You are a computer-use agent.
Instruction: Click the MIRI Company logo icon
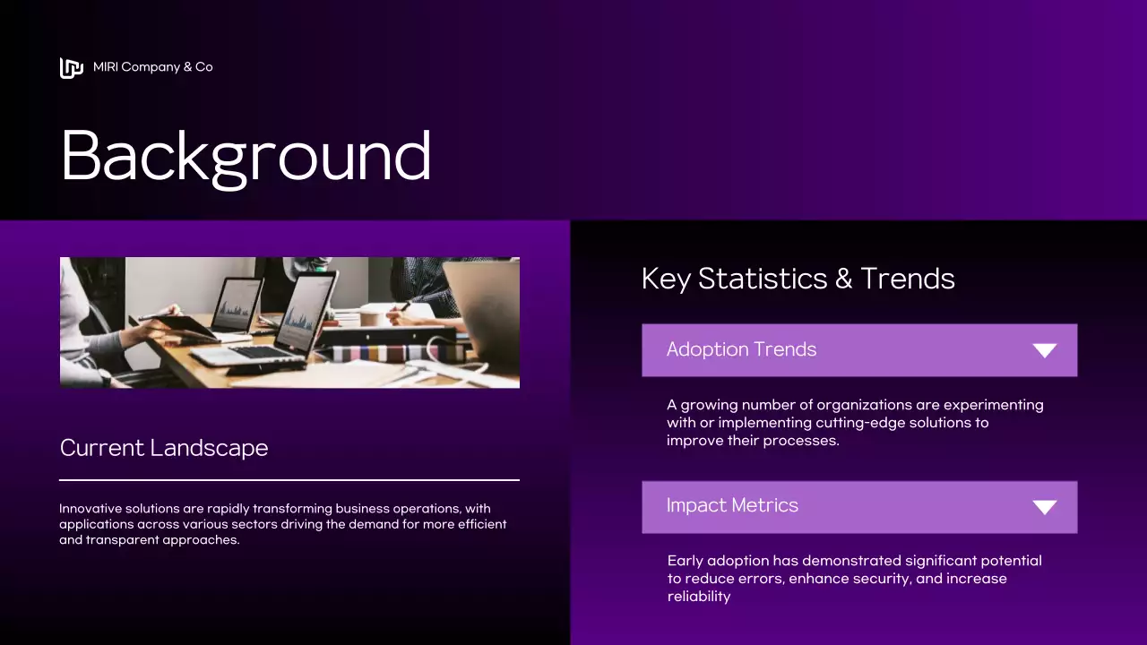click(x=71, y=68)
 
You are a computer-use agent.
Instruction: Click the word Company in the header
click(x=150, y=67)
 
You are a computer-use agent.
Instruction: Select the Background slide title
click(x=246, y=156)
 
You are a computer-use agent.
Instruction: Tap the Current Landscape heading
click(x=164, y=448)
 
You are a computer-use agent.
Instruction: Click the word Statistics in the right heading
click(x=762, y=279)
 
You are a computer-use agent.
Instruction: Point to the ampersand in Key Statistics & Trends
click(x=843, y=279)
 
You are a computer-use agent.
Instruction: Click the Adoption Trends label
click(x=741, y=349)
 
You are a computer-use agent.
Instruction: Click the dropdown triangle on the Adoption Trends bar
click(x=1044, y=350)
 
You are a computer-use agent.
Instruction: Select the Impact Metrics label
click(x=732, y=505)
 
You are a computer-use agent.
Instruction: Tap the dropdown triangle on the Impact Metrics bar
click(x=1044, y=507)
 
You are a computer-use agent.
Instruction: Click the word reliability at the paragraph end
click(x=699, y=597)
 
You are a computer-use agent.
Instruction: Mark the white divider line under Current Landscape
click(x=289, y=480)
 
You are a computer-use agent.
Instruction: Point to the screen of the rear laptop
click(x=236, y=305)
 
